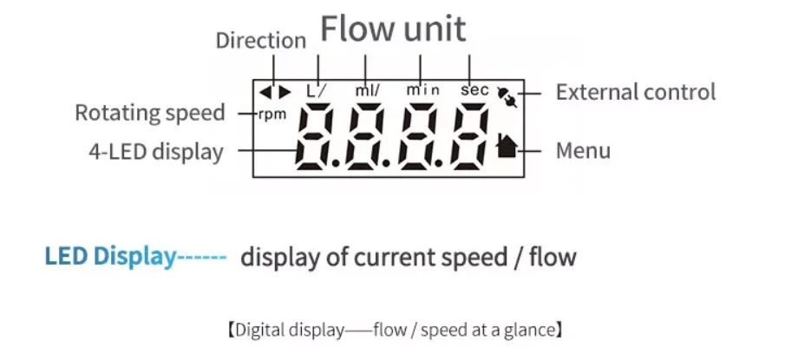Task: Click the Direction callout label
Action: click(261, 40)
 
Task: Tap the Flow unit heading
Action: click(393, 29)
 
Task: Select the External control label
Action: click(635, 92)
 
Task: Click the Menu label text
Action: click(583, 150)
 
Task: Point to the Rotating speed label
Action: click(149, 113)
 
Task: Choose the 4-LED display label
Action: click(155, 152)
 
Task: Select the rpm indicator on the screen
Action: click(271, 114)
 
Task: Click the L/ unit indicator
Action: click(316, 89)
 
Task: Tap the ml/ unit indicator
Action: click(366, 89)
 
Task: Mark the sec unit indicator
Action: click(474, 89)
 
